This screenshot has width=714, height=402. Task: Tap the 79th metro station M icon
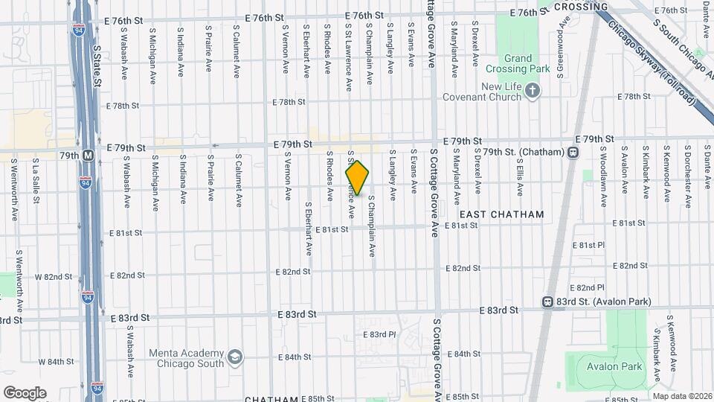click(x=88, y=156)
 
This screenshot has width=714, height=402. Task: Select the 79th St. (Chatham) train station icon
click(x=573, y=152)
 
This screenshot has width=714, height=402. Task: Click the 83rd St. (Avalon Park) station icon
click(x=547, y=302)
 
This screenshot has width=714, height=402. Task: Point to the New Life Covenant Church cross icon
click(x=532, y=91)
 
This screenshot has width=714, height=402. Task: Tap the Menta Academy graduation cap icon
click(x=235, y=358)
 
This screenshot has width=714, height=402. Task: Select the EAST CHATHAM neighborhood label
click(x=501, y=214)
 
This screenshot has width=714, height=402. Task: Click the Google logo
click(x=25, y=392)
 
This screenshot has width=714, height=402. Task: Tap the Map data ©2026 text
click(x=682, y=396)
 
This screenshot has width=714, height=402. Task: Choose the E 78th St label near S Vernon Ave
click(x=290, y=102)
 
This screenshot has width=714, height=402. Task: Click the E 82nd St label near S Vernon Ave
click(x=293, y=272)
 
